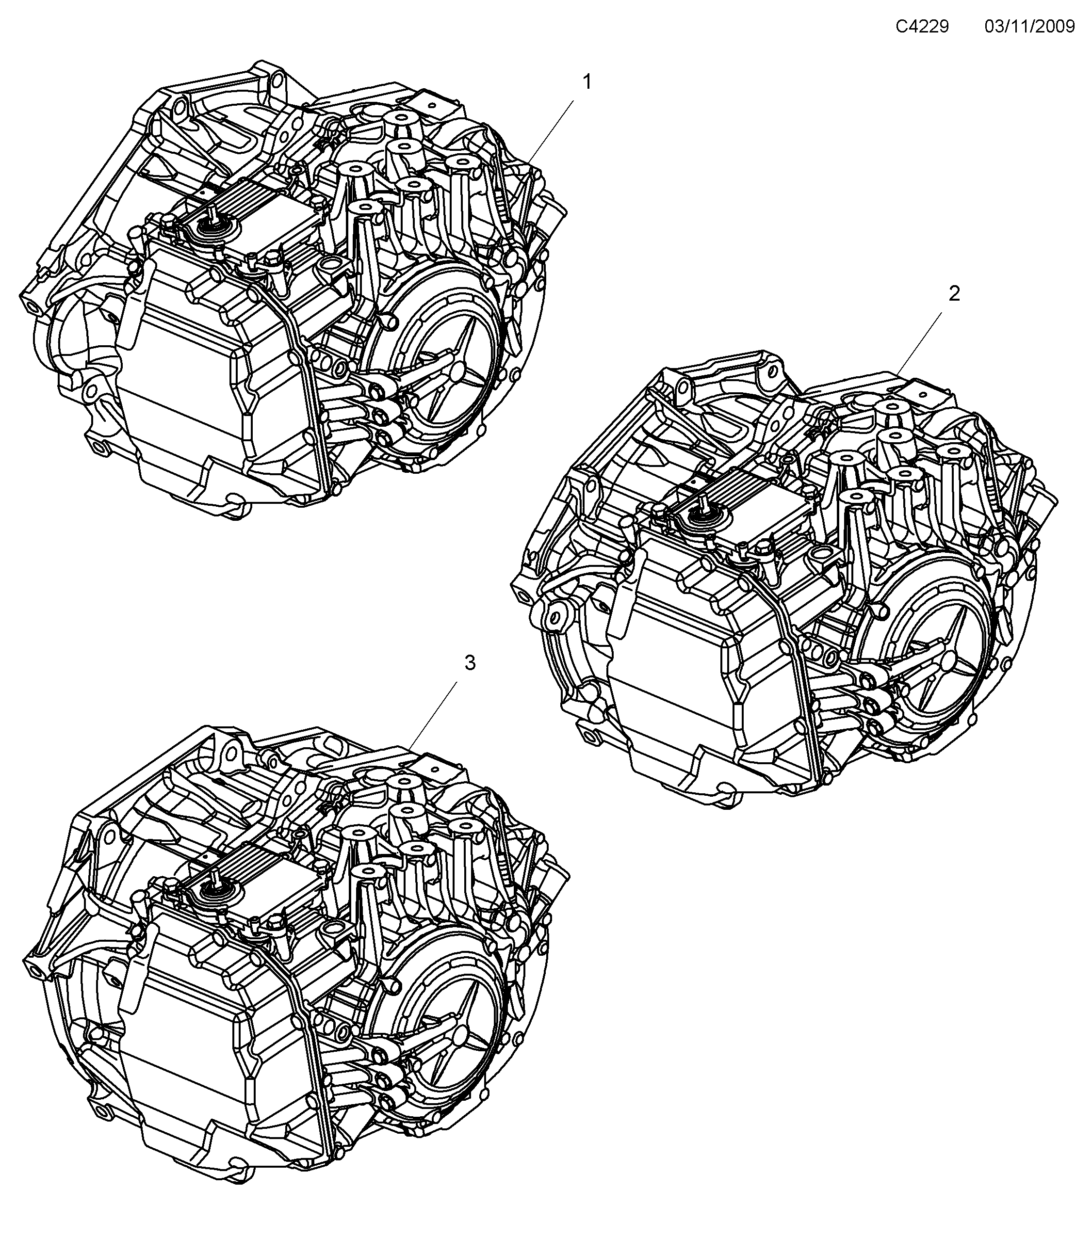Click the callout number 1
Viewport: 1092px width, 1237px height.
point(587,81)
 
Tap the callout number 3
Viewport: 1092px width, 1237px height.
point(470,663)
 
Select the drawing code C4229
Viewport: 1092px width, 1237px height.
point(922,27)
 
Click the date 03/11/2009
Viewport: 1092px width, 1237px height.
point(1029,27)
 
